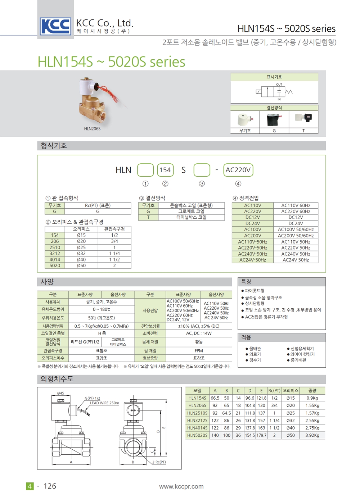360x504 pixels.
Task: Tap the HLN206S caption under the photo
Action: pyautogui.click(x=92, y=129)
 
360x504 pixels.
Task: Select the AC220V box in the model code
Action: pyautogui.click(x=238, y=170)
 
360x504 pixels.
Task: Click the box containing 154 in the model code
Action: pyautogui.click(x=165, y=170)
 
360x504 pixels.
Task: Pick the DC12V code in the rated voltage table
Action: pyautogui.click(x=253, y=217)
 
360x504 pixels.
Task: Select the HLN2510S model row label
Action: pyautogui.click(x=197, y=413)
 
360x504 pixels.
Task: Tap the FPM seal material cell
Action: pyautogui.click(x=199, y=350)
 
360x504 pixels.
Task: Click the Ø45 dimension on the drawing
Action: pyautogui.click(x=60, y=393)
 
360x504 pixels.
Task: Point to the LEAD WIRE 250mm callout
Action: pyautogui.click(x=104, y=403)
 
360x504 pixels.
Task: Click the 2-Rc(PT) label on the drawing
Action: pyautogui.click(x=159, y=462)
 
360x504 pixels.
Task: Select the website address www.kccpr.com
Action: pyautogui.click(x=181, y=486)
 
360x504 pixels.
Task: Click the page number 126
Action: pyautogui.click(x=50, y=486)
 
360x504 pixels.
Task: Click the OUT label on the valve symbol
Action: pyautogui.click(x=279, y=85)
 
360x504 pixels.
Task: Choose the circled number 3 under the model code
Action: pyautogui.click(x=202, y=184)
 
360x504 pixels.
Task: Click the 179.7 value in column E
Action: pyautogui.click(x=261, y=435)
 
